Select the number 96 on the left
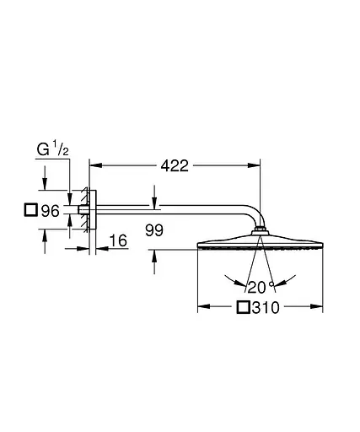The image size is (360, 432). point(50,211)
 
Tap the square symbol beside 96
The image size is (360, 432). point(31,211)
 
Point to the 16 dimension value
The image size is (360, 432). point(117,242)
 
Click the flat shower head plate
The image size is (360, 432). point(261,246)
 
